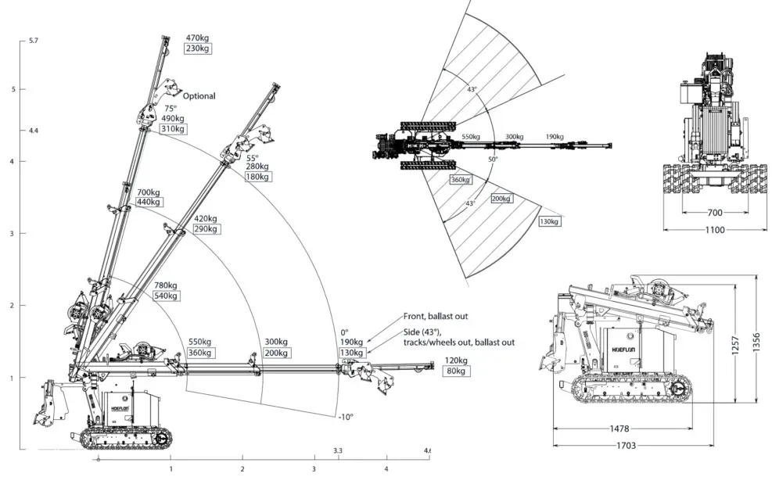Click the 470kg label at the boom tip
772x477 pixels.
pos(197,37)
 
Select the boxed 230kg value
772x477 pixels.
pos(197,48)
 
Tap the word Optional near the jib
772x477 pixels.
pos(199,96)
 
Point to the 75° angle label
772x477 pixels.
pos(171,109)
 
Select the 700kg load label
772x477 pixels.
pos(149,192)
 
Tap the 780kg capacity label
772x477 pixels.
pos(166,285)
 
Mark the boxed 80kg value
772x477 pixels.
pos(455,371)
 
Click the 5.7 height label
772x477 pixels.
pos(33,40)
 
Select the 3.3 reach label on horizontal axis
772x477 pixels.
pos(338,451)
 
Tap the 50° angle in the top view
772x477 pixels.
pos(493,160)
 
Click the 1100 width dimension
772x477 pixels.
pos(714,230)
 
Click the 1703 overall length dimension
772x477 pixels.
pos(626,445)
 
